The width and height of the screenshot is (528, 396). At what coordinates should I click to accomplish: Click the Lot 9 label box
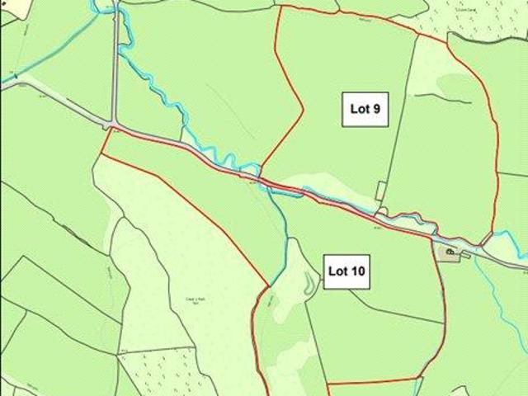pyautogui.click(x=365, y=109)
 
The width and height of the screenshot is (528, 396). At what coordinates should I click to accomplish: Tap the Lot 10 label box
pyautogui.click(x=346, y=271)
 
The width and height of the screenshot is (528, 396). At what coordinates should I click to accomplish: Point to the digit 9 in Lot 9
pyautogui.click(x=376, y=109)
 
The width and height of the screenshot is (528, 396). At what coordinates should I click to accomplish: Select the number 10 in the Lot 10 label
pyautogui.click(x=358, y=271)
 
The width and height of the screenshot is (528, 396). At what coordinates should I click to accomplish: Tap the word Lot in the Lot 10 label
pyautogui.click(x=337, y=271)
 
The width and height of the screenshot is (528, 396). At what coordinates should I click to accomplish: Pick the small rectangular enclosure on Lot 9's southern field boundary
pyautogui.click(x=380, y=191)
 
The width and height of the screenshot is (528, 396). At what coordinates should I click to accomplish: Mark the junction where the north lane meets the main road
pyautogui.click(x=112, y=126)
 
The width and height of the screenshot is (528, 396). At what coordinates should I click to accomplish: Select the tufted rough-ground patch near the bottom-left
pyautogui.click(x=165, y=367)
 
